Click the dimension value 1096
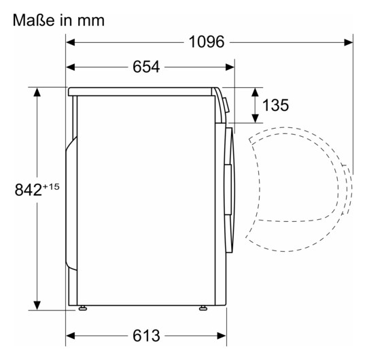[207, 42]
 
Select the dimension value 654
[145, 67]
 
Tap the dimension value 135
[275, 105]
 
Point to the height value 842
[27, 190]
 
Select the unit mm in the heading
[90, 21]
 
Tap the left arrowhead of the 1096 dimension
[71, 42]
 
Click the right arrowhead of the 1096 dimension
[349, 42]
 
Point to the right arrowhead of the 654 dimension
[230, 67]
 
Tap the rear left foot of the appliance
[82, 310]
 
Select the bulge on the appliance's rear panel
[69, 204]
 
